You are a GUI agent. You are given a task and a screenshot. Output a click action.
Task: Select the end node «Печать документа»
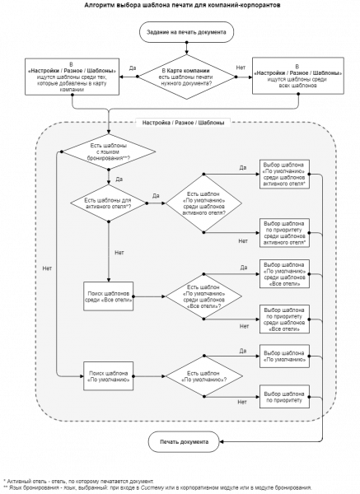click(184, 442)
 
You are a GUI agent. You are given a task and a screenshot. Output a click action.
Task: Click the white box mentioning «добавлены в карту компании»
click(71, 77)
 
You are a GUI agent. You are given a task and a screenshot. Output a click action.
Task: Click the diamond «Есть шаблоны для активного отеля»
click(109, 202)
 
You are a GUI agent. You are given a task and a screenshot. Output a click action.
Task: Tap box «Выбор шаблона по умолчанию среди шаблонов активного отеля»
click(285, 175)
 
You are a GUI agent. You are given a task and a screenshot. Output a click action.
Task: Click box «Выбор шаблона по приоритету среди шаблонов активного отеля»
click(285, 232)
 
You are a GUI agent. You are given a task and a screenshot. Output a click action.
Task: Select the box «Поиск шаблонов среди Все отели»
click(109, 296)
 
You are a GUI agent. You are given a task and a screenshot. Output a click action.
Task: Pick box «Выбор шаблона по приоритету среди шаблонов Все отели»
click(285, 319)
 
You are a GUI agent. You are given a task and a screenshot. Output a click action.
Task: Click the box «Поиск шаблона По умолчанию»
click(109, 375)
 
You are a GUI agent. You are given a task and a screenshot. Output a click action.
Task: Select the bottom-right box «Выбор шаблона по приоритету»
click(285, 397)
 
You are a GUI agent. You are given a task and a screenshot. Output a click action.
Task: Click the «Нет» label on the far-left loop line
click(47, 268)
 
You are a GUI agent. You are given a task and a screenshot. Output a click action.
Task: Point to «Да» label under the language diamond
click(119, 178)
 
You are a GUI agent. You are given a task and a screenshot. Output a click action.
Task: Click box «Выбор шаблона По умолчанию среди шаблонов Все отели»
click(285, 273)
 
